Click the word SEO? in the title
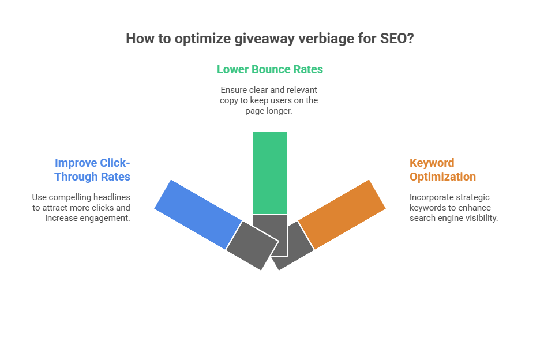(397, 39)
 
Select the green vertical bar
(270, 173)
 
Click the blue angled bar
(198, 214)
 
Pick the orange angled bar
(342, 214)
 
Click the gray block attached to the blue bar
(253, 246)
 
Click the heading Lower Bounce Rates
(270, 69)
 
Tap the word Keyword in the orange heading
(432, 163)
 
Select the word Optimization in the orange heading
(442, 177)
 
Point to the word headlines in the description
(112, 197)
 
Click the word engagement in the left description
(104, 219)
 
